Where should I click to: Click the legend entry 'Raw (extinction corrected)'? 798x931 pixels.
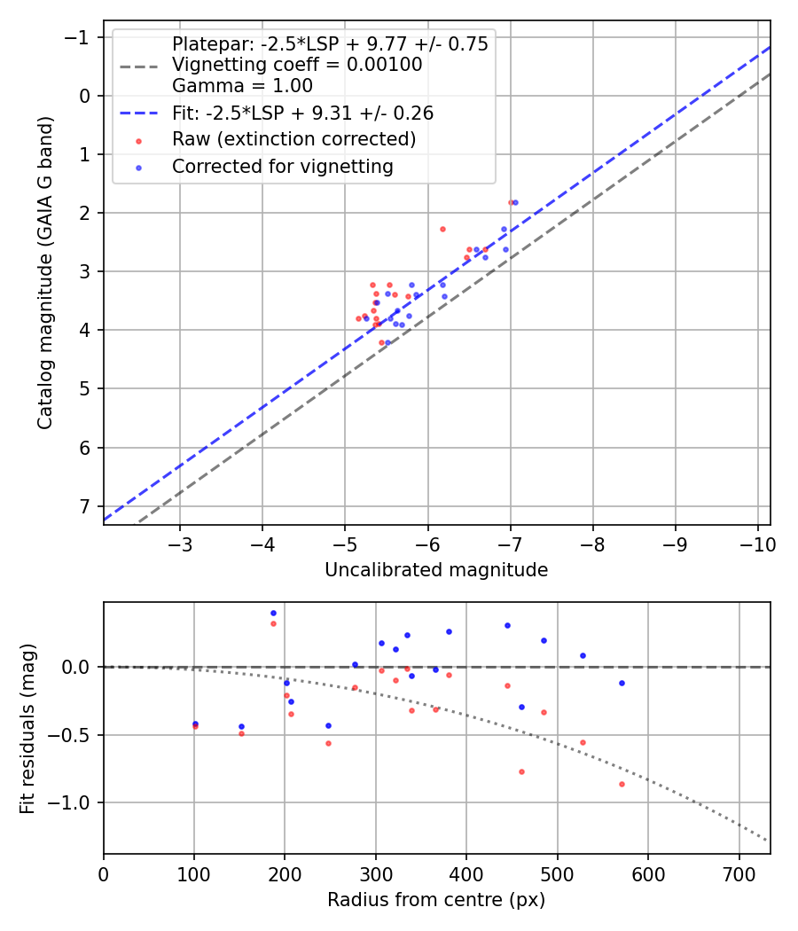[x=293, y=139]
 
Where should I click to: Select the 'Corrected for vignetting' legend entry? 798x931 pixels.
[x=282, y=166]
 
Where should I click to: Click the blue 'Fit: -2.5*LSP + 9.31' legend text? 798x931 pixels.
[x=302, y=113]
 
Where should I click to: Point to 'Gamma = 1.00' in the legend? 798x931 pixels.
[x=242, y=86]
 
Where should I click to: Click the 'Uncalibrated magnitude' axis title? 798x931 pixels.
[x=436, y=570]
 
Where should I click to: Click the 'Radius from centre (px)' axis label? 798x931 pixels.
[x=436, y=901]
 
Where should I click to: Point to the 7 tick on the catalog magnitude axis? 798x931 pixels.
[x=85, y=506]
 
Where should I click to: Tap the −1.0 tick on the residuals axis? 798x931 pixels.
[x=74, y=802]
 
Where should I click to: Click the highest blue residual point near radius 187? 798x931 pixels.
[x=273, y=613]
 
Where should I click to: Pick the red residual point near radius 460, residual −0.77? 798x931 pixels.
[x=521, y=771]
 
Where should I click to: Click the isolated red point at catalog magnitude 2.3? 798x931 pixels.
[x=442, y=229]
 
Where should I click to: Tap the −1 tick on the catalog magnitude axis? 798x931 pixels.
[x=80, y=37]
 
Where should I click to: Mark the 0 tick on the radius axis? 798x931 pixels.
[x=104, y=873]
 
